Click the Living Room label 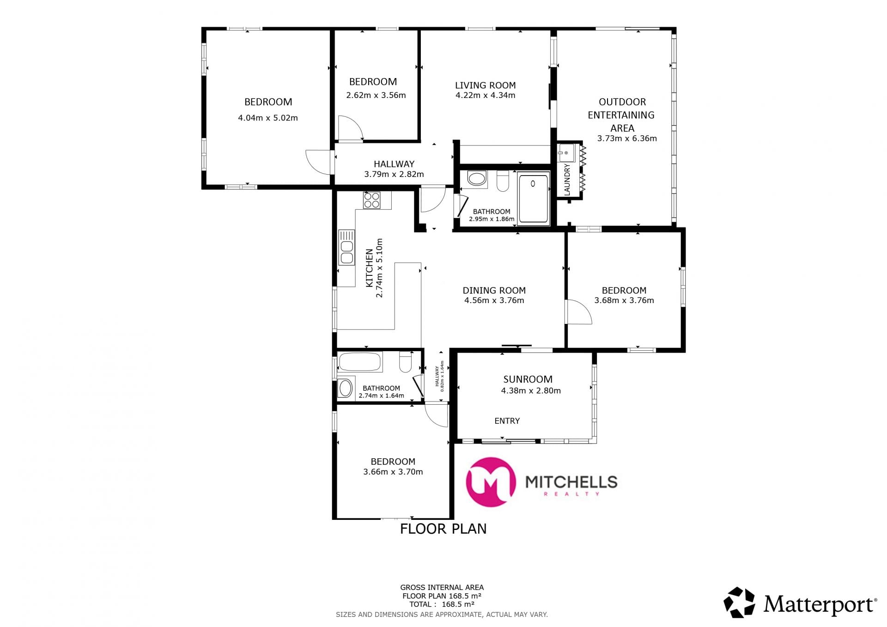tap(485, 85)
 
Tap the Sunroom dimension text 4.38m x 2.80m tap(531, 390)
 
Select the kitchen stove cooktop tap(371, 200)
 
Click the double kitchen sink tap(346, 247)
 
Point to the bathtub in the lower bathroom tap(360, 362)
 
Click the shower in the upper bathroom tap(534, 198)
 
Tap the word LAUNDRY tap(567, 179)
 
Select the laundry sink tap(566, 152)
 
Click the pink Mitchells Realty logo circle tap(491, 482)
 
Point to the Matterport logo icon tap(739, 603)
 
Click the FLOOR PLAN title tap(443, 529)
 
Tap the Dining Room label tap(494, 291)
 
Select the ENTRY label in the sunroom tap(507, 421)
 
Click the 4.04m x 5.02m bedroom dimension tap(268, 118)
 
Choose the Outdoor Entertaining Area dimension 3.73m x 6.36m tap(627, 138)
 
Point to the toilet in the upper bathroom tap(503, 181)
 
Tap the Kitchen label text tap(370, 268)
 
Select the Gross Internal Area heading tap(442, 588)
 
